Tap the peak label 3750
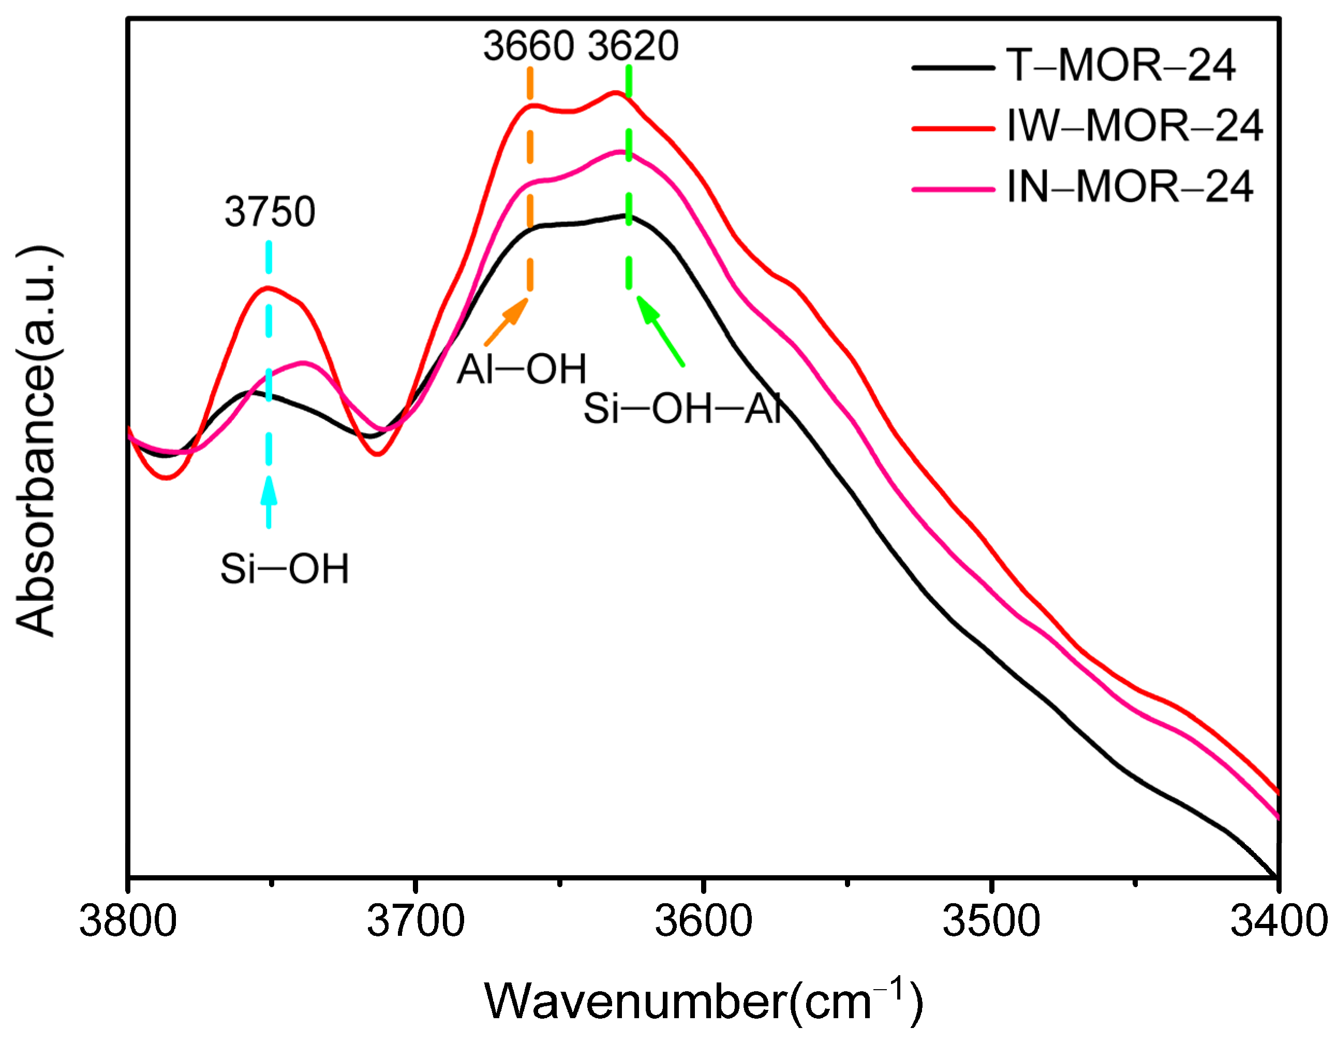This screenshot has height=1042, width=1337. click(270, 212)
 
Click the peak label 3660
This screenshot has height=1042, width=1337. click(528, 46)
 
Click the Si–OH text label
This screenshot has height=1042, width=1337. click(285, 569)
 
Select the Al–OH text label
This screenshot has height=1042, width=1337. click(522, 369)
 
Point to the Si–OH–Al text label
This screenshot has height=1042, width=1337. click(682, 409)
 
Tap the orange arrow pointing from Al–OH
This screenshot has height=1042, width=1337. click(507, 321)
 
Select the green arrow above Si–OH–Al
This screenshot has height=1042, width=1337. click(660, 331)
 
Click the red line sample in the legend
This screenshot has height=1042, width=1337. click(953, 128)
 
